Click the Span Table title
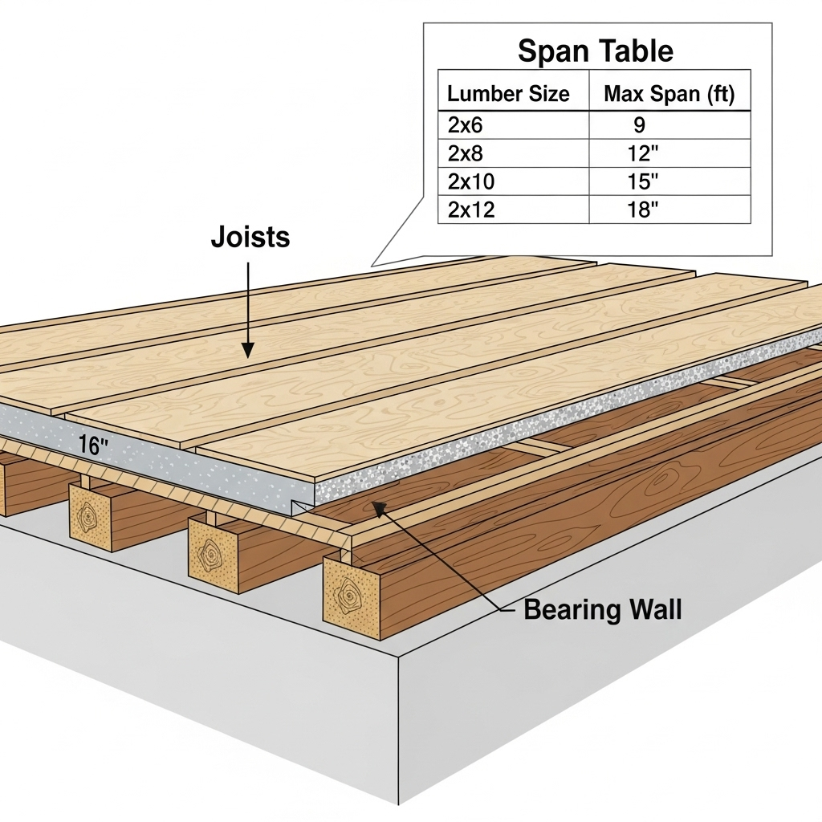pos(595,51)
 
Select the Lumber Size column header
pos(508,94)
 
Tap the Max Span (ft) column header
pos(669,94)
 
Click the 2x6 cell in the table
pos(465,124)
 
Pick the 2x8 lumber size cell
pos(465,153)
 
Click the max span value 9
pos(639,124)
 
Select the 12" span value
pos(642,153)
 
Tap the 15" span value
pos(642,181)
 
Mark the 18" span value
pos(642,210)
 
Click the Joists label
pos(250,238)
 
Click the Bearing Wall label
pos(602,609)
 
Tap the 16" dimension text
pos(93,446)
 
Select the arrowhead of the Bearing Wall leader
pos(373,507)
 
